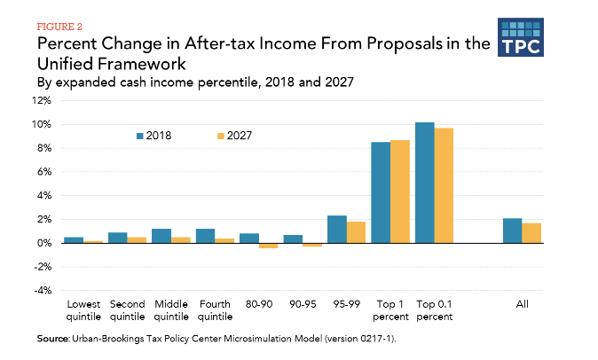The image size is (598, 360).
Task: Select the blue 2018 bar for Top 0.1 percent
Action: [x=425, y=182]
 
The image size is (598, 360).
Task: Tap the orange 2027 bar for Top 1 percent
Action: [x=401, y=191]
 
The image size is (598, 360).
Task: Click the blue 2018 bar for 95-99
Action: [x=337, y=229]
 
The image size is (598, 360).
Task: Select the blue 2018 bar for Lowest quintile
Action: [x=74, y=239]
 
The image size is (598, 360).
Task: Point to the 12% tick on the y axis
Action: [x=43, y=100]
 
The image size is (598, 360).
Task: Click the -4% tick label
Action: [x=43, y=291]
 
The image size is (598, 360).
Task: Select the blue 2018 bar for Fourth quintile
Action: [x=206, y=235]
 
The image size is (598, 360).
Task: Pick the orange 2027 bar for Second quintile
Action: [x=137, y=239]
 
